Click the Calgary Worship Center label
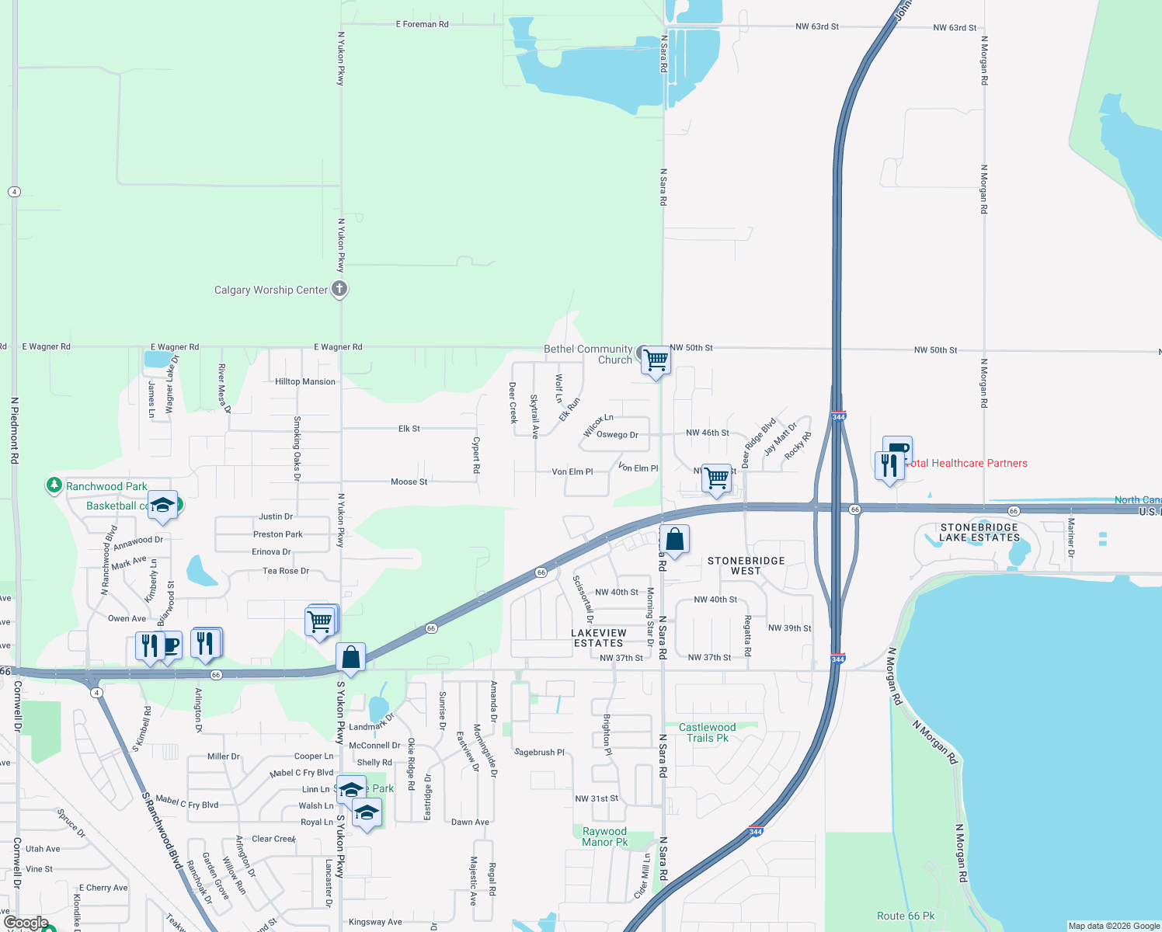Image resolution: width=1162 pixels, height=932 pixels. pos(271,290)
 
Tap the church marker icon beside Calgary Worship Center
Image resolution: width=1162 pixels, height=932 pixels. pos(339,289)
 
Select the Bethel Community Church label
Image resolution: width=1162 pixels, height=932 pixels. pos(588,355)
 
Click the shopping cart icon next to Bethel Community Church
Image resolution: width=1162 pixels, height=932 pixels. pos(656,360)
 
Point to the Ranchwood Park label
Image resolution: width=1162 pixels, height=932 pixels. pos(106,487)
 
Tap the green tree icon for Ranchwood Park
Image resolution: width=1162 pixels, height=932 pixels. pos(54,485)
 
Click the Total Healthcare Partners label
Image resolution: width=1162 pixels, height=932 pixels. pos(967,464)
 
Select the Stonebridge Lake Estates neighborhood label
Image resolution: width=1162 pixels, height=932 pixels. pos(979,533)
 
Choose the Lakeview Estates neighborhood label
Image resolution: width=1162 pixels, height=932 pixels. pos(598,638)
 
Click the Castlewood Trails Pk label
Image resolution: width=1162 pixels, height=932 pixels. pos(707,733)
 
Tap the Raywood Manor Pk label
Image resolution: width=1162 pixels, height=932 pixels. pos(604,837)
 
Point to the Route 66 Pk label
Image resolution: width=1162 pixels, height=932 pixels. pos(906,916)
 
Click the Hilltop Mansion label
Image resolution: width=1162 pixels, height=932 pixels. pos(305,382)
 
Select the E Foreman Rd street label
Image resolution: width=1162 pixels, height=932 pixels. pos(422,25)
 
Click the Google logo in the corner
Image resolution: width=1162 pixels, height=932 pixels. pos(26,923)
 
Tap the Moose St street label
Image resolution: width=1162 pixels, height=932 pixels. pos(409,482)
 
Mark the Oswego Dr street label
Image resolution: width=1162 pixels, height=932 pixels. pos(617,435)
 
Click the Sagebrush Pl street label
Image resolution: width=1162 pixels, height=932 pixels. pos(539,753)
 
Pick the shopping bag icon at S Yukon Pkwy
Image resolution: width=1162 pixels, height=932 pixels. pos(351,657)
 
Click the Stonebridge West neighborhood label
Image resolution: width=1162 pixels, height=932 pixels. pos(746,566)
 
